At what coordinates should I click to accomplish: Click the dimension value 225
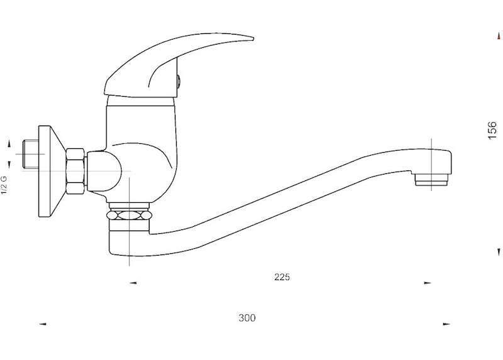[x=282, y=277]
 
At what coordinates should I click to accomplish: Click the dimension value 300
[x=247, y=318]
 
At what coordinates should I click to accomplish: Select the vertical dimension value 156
[x=492, y=130]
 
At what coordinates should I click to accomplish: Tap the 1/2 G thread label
[x=4, y=185]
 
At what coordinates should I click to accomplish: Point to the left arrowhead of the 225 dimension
[x=133, y=283]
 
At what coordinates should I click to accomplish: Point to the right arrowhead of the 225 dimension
[x=428, y=283]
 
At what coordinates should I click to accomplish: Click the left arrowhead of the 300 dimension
[x=43, y=324]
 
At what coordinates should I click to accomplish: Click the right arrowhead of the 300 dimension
[x=446, y=324]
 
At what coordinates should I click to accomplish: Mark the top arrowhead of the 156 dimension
[x=499, y=36]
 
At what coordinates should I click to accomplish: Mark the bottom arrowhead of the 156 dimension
[x=499, y=253]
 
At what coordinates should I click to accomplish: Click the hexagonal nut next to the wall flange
[x=75, y=171]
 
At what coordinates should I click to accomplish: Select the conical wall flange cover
[x=52, y=171]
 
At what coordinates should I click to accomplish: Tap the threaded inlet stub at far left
[x=31, y=154]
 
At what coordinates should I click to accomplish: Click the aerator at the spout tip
[x=431, y=180]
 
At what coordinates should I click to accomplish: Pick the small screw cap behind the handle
[x=179, y=82]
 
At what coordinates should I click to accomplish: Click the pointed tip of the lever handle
[x=253, y=39]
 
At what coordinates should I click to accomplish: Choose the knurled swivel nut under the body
[x=129, y=215]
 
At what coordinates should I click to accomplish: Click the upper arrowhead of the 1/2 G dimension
[x=9, y=144]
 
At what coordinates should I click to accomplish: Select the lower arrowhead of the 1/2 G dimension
[x=9, y=165]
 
